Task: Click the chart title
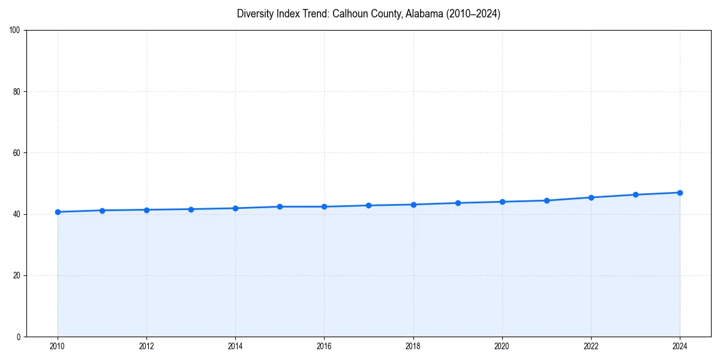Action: (x=368, y=14)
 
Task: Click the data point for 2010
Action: (x=58, y=212)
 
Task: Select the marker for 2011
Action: (x=102, y=211)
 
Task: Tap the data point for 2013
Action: (x=191, y=209)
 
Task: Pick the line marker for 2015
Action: (x=280, y=206)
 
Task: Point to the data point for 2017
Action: (x=368, y=205)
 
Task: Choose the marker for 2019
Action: (x=458, y=203)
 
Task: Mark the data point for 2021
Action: (x=547, y=200)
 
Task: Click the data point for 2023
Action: (x=635, y=194)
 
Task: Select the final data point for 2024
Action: (x=680, y=193)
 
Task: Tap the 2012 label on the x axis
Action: (x=146, y=346)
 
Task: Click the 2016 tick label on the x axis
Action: (x=324, y=346)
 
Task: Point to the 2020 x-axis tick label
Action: (x=502, y=346)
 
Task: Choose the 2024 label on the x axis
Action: (x=680, y=346)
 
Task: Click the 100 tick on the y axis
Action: (x=14, y=31)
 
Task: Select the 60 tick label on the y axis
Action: (x=16, y=153)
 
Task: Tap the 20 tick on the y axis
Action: (x=16, y=275)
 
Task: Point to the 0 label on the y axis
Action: (x=18, y=337)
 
